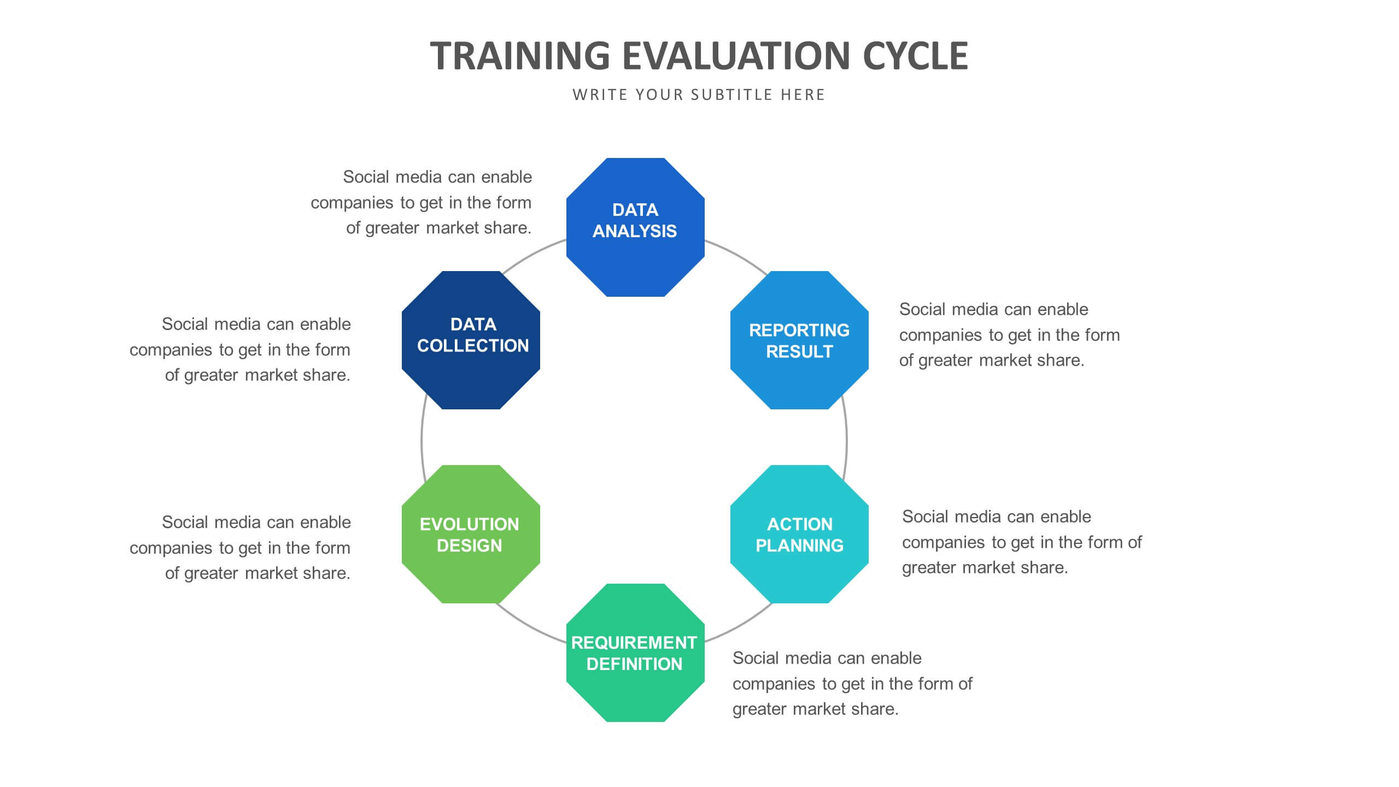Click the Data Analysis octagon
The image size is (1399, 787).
[635, 227]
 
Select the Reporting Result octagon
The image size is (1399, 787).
[799, 340]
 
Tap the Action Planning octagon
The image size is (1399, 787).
[799, 534]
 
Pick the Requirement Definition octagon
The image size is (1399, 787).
[635, 653]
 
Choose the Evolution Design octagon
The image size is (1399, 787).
[471, 534]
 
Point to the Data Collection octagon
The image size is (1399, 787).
[471, 340]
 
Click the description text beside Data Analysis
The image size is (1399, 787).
[422, 202]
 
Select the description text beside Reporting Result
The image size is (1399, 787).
[1010, 334]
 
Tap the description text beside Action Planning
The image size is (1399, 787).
[1022, 542]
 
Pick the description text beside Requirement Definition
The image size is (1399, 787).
[852, 683]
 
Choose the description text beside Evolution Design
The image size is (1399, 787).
[240, 548]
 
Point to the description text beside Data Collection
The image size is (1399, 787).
[240, 349]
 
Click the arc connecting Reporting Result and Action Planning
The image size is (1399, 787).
[846, 437]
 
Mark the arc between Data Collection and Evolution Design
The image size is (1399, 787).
[422, 437]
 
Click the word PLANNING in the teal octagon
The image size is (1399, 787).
[799, 545]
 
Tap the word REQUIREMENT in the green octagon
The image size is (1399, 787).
[634, 642]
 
